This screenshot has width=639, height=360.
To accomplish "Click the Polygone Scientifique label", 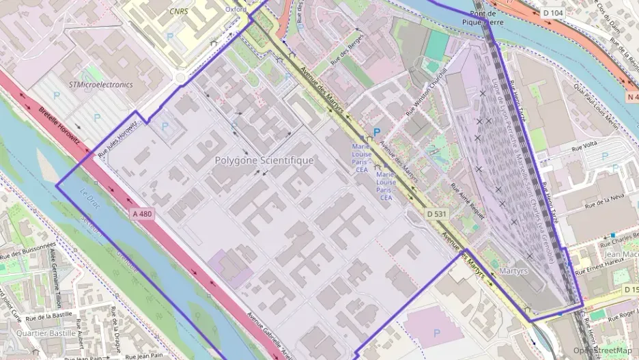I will [x=264, y=161].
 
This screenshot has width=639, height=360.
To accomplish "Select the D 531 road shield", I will [x=437, y=214].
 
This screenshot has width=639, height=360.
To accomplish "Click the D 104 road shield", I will [x=554, y=13].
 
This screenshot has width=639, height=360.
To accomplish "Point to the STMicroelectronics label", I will [x=100, y=85].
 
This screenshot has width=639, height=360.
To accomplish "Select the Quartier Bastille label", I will [x=45, y=333].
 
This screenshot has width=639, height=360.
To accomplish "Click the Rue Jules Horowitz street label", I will [x=119, y=139].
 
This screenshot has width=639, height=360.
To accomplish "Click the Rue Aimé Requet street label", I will [x=469, y=202].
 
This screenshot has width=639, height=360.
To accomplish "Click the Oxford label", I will [x=236, y=10].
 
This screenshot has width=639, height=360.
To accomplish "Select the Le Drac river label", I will [x=90, y=199].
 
